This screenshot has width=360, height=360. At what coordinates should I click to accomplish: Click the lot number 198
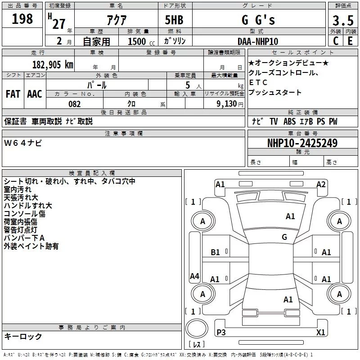23,19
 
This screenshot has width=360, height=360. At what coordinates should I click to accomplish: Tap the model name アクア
116,20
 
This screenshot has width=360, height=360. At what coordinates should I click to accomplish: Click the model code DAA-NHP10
257,41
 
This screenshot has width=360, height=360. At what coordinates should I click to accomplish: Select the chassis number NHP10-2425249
302,143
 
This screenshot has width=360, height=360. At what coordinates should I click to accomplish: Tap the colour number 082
74,104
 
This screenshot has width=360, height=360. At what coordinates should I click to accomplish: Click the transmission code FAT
13,94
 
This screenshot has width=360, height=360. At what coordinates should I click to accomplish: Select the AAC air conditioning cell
35,94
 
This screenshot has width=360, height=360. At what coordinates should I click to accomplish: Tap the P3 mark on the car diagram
221,332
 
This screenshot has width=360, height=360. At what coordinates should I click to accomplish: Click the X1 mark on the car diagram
321,332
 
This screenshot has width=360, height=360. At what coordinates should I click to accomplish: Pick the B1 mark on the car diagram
215,252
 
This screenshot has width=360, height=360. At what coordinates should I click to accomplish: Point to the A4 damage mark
194,276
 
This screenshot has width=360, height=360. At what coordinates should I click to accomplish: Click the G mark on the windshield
284,237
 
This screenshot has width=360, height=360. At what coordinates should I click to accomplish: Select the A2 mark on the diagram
321,184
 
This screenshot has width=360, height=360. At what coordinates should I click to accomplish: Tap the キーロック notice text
23,337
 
